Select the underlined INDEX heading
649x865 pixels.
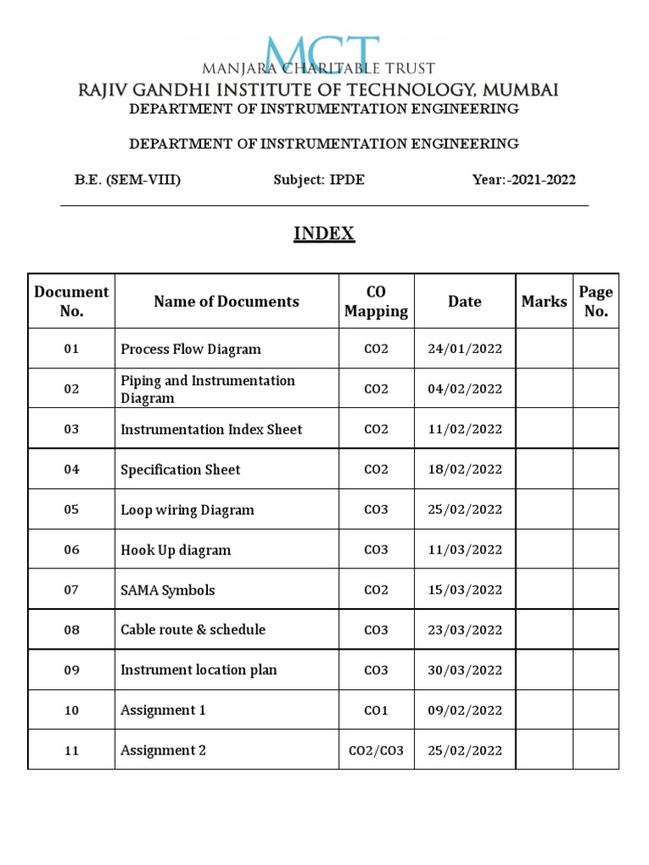click(324, 234)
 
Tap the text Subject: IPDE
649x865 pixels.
click(319, 180)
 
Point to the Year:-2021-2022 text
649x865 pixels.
click(524, 180)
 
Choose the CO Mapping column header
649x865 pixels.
click(376, 302)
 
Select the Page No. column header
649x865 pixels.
click(596, 302)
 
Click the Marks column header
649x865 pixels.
click(544, 302)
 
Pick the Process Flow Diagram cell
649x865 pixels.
click(191, 349)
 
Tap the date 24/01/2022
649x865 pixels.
click(465, 349)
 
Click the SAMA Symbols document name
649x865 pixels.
click(168, 590)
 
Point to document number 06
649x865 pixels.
click(72, 550)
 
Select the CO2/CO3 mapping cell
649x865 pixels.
click(376, 750)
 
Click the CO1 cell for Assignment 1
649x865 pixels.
click(376, 710)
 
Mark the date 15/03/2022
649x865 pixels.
click(465, 590)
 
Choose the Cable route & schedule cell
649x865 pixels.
click(193, 629)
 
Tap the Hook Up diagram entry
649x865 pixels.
click(176, 550)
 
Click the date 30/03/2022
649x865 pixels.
click(465, 670)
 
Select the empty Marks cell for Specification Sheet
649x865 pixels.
click(544, 470)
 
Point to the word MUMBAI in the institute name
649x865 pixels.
click(518, 90)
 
